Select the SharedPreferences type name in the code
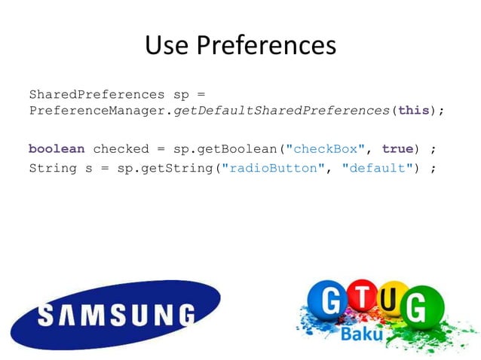click(97, 95)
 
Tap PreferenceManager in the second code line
click(97, 110)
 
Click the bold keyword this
click(414, 110)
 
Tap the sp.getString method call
click(165, 168)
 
